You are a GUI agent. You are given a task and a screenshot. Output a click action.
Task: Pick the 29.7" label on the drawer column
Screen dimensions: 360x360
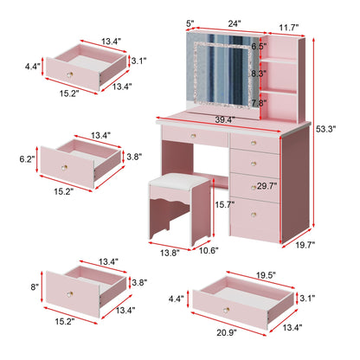267,185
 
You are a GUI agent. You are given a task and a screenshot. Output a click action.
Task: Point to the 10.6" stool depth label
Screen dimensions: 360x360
208,252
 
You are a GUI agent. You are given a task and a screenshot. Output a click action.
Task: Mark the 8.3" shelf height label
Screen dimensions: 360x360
260,74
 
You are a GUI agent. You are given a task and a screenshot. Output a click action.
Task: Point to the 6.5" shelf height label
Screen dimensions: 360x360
259,46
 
